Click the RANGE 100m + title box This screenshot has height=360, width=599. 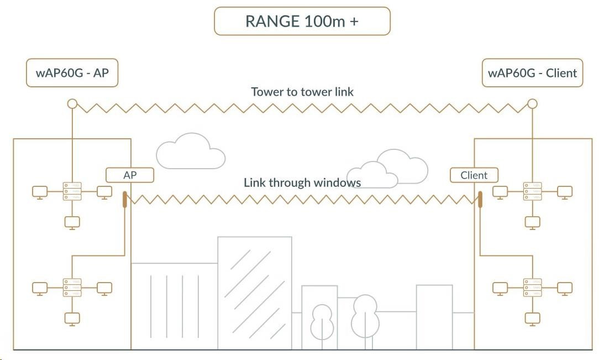[x=302, y=22]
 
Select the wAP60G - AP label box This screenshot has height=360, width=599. [x=72, y=73]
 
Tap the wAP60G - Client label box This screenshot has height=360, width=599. [x=532, y=73]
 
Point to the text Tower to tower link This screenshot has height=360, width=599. [x=302, y=92]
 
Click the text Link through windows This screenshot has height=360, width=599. [x=302, y=182]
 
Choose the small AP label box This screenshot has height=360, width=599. [x=130, y=175]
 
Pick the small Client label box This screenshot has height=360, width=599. [x=474, y=175]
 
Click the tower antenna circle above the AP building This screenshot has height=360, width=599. [x=72, y=103]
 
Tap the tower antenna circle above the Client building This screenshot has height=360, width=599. [x=532, y=103]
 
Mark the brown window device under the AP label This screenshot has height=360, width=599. [x=125, y=200]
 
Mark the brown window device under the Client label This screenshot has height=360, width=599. [x=480, y=200]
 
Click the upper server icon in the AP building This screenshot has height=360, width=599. [x=72, y=191]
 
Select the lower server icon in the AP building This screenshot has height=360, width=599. [x=72, y=288]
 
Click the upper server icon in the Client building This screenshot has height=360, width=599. [x=533, y=191]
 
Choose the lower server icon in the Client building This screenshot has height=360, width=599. [x=533, y=288]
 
